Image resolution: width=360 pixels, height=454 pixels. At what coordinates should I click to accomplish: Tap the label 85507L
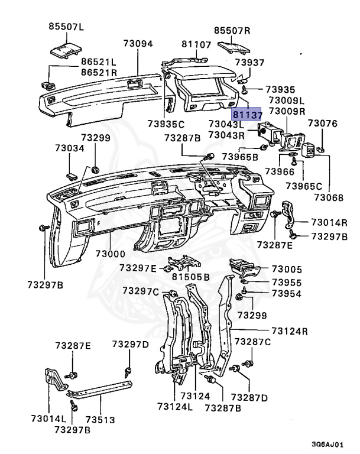(x=67, y=26)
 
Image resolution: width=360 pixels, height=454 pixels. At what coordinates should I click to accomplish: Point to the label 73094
(x=138, y=44)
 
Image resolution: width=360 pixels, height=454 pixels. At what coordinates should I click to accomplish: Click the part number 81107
(x=196, y=44)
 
